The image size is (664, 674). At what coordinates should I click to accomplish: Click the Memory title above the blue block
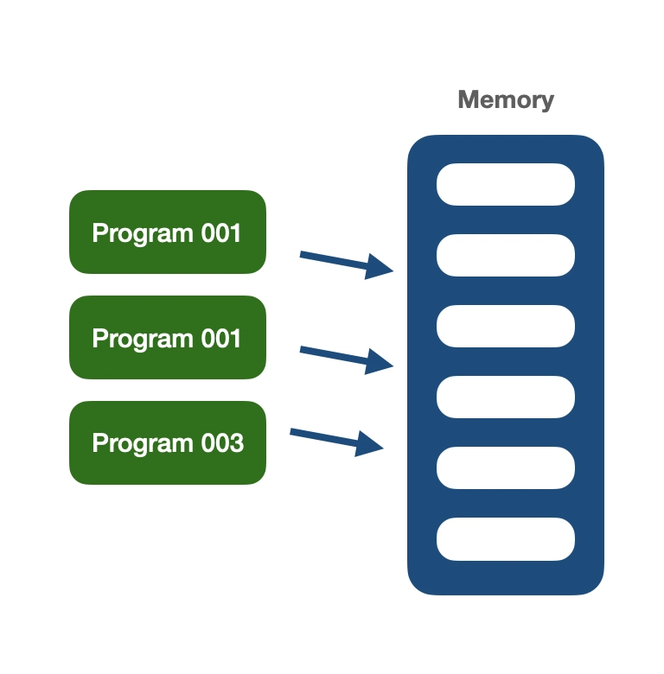506,99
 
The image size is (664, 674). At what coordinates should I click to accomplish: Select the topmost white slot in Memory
506,184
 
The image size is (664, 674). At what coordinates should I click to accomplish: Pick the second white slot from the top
506,255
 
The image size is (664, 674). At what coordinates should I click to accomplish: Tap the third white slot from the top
506,326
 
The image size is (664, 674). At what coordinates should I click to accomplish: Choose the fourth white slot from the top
506,397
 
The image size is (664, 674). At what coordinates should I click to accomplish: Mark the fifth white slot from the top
506,467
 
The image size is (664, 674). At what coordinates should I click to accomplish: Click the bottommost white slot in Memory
506,538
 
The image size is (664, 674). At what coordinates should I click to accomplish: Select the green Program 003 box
168,442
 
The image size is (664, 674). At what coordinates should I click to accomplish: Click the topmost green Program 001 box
168,232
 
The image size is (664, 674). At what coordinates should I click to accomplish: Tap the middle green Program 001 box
168,337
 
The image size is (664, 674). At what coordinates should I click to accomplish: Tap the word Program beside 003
143,444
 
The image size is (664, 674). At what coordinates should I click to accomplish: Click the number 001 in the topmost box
220,233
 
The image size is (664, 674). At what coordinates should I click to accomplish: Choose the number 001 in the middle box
220,339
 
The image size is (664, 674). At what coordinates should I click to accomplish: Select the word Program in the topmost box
143,234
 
